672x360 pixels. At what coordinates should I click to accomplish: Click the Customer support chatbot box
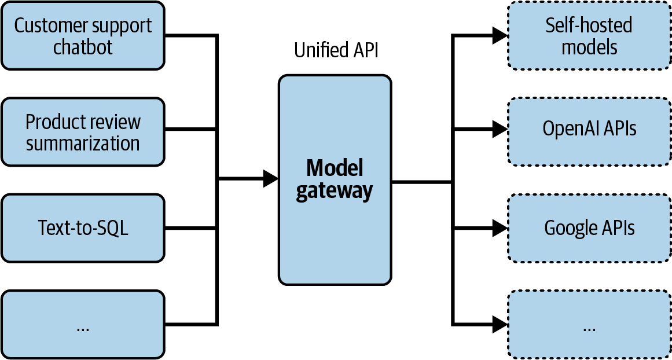pos(83,36)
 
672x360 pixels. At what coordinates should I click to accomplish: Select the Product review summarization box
pos(83,132)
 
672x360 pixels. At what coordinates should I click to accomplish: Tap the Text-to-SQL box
pos(83,228)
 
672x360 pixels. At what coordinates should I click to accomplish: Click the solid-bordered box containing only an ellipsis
pos(83,325)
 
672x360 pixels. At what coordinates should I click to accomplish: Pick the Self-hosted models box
pos(589,36)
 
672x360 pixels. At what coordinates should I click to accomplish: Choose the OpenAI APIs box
pos(589,128)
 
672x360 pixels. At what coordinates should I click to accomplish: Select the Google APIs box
pos(589,228)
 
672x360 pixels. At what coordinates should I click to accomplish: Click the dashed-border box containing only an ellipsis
pos(589,325)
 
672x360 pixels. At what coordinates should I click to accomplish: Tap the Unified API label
pos(336,50)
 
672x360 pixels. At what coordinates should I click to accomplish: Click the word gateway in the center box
pos(335,191)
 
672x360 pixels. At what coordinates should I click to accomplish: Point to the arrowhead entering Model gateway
pos(270,179)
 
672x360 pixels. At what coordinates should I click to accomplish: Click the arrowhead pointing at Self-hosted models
pos(500,36)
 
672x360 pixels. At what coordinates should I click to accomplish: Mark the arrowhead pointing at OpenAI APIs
pos(500,130)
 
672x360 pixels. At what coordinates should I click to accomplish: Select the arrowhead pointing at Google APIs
pos(500,228)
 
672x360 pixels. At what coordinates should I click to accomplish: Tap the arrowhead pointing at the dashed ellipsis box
pos(500,324)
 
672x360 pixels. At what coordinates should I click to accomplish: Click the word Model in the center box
pos(335,168)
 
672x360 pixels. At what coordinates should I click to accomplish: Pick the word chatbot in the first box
pos(83,47)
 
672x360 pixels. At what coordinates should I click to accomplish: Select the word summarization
pos(83,143)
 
